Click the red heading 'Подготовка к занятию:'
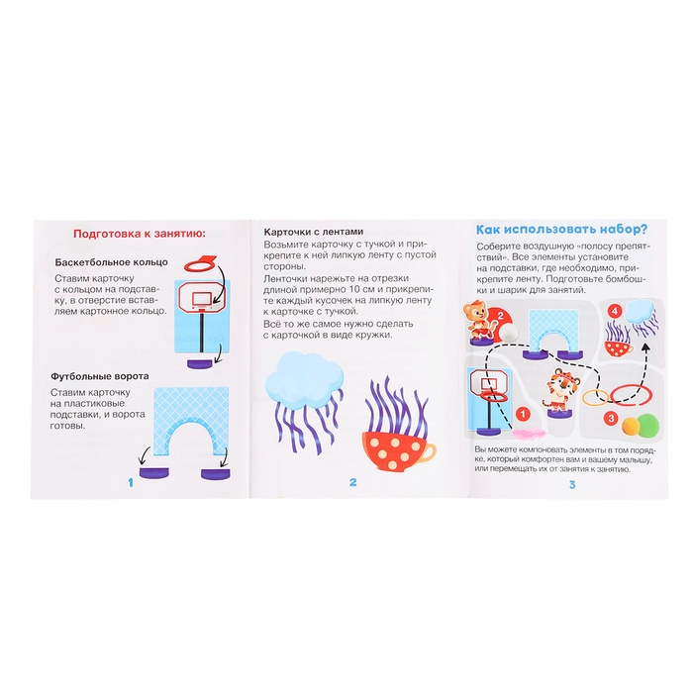(140, 234)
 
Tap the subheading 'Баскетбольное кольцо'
(111, 262)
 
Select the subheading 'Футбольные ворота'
(99, 376)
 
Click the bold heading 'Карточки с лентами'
(314, 232)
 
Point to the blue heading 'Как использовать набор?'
(561, 230)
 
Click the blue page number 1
(131, 483)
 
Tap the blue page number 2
(352, 482)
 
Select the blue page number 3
(572, 485)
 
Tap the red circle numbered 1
(523, 414)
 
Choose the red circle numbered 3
(611, 418)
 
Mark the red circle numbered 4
(615, 311)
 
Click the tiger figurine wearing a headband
(557, 392)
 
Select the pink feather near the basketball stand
(529, 433)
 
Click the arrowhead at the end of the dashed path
(646, 346)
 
